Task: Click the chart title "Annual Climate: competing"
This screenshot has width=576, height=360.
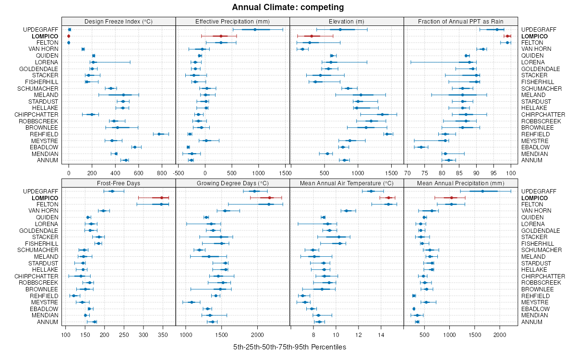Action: point(288,7)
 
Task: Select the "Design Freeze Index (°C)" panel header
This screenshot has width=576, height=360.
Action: point(119,21)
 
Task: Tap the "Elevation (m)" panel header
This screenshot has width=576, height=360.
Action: point(347,21)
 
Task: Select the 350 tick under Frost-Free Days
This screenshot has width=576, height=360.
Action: point(163,335)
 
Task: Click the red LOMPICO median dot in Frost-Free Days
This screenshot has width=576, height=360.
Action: point(162,198)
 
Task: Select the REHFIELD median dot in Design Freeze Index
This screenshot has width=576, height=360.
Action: point(159,134)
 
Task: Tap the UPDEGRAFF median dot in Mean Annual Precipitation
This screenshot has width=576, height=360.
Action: point(482,191)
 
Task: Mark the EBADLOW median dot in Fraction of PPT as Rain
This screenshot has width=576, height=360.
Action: point(421,147)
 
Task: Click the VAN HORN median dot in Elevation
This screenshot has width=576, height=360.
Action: point(302,49)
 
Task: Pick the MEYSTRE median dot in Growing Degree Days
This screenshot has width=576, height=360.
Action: point(192,302)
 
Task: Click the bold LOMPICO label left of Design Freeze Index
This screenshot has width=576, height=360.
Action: point(45,36)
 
